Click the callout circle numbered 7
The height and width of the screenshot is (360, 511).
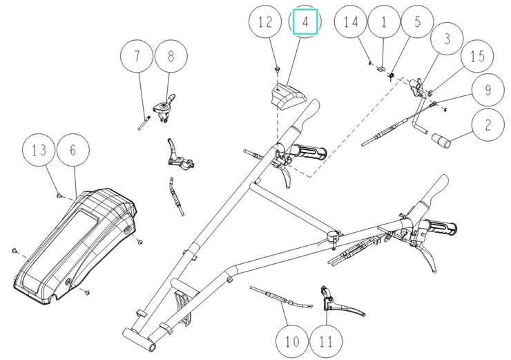tap(136, 58)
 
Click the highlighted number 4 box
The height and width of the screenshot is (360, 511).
tap(305, 22)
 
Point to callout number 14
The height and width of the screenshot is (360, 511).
tap(350, 23)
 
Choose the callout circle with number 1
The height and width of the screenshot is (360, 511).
tap(384, 23)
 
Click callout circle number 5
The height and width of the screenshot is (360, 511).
tap(418, 23)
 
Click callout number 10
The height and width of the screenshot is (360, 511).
tap(291, 340)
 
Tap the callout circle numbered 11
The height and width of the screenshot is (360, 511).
tap(326, 340)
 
